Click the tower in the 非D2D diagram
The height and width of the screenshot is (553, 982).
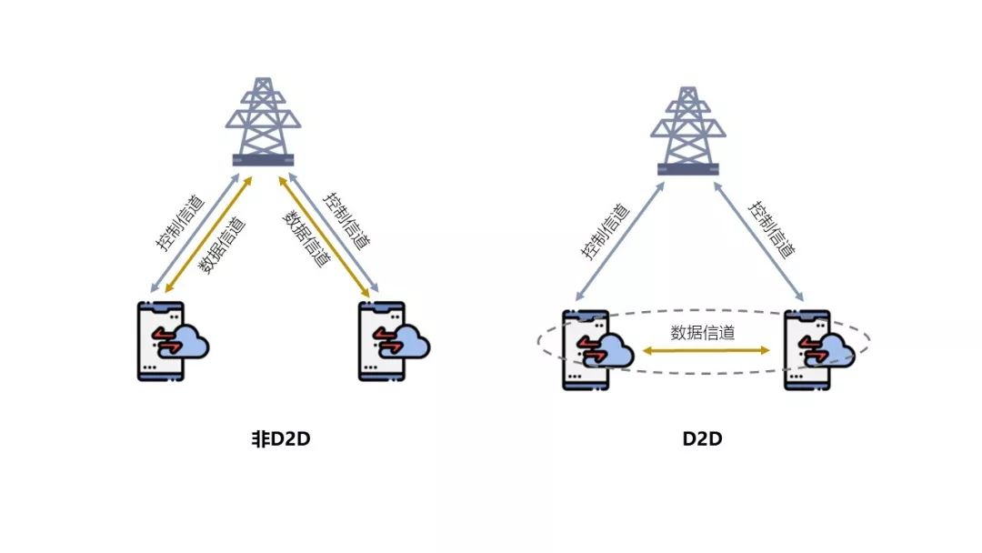[263, 122]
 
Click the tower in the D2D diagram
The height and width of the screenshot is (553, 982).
[688, 131]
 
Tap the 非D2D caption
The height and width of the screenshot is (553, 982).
[281, 438]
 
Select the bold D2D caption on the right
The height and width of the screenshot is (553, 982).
[702, 438]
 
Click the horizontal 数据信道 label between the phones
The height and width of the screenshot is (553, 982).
[703, 333]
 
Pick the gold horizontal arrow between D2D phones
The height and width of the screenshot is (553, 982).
[706, 351]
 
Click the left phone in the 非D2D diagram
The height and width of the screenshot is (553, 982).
[161, 341]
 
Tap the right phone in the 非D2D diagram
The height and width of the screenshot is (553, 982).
[381, 341]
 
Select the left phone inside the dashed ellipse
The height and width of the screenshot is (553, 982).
[586, 350]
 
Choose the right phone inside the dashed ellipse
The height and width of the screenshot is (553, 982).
[807, 350]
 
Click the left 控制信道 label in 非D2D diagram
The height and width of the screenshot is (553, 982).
[180, 224]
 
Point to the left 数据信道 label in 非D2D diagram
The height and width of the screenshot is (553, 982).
[223, 246]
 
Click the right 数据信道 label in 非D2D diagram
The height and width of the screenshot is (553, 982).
[306, 238]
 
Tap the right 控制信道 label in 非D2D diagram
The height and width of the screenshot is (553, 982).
[346, 220]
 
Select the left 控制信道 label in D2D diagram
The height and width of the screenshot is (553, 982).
[605, 231]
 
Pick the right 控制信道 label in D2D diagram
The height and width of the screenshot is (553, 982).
[772, 230]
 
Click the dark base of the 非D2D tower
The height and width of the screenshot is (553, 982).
[263, 160]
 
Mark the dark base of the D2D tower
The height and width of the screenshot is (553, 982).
[688, 170]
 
